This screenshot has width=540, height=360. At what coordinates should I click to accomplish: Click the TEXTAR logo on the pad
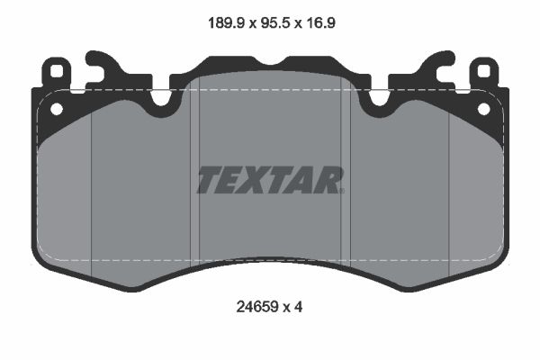(x=270, y=180)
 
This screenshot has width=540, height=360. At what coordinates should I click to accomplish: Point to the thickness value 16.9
(x=323, y=25)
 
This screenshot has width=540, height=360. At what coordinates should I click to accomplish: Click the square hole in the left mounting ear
(x=57, y=70)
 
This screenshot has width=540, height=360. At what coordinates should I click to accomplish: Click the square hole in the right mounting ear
(x=483, y=70)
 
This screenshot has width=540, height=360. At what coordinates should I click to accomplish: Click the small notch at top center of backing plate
(x=270, y=62)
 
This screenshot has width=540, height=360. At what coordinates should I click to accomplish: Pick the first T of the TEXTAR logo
(x=209, y=180)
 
